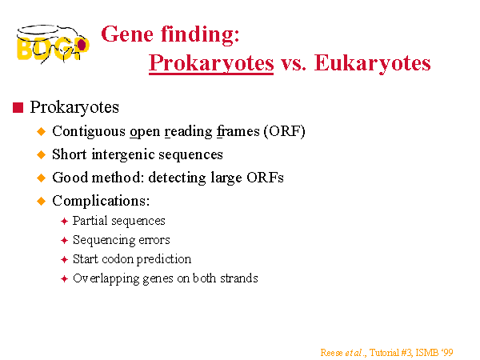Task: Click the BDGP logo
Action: point(53,44)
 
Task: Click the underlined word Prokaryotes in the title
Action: point(211,63)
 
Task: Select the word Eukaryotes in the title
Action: point(373,63)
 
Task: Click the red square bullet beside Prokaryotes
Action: point(18,108)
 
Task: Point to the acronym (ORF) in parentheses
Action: point(285,131)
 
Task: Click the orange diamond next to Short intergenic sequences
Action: point(41,154)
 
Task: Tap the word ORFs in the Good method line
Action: point(265,178)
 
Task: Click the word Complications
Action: point(101,202)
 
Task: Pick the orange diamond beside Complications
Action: point(41,202)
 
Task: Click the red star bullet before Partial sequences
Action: point(64,221)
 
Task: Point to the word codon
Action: point(118,259)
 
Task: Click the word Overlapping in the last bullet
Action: point(106,279)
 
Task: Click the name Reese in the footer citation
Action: point(332,353)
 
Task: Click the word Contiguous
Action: point(89,132)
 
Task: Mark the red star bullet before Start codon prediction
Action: point(64,259)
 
